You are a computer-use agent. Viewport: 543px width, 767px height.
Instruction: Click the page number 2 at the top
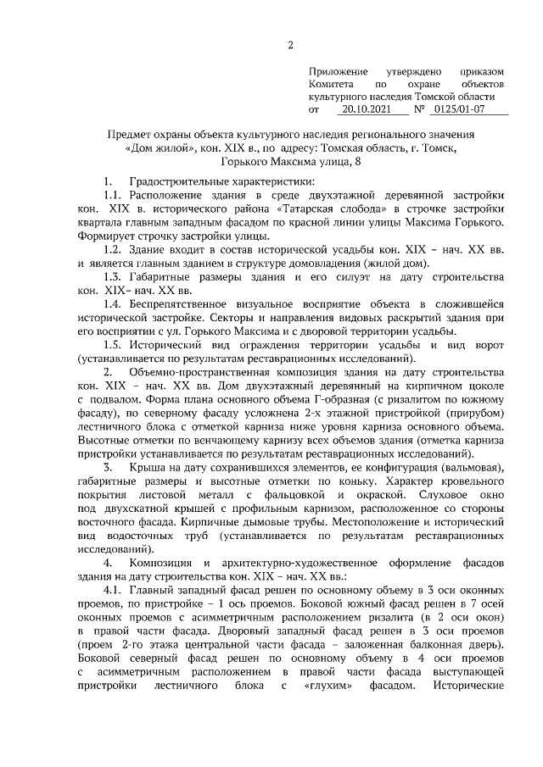click(291, 45)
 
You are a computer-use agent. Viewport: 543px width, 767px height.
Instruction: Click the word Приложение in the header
click(338, 72)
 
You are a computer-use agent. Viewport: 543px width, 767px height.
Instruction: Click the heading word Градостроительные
click(178, 182)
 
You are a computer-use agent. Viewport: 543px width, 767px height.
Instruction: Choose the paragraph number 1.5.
click(112, 347)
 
